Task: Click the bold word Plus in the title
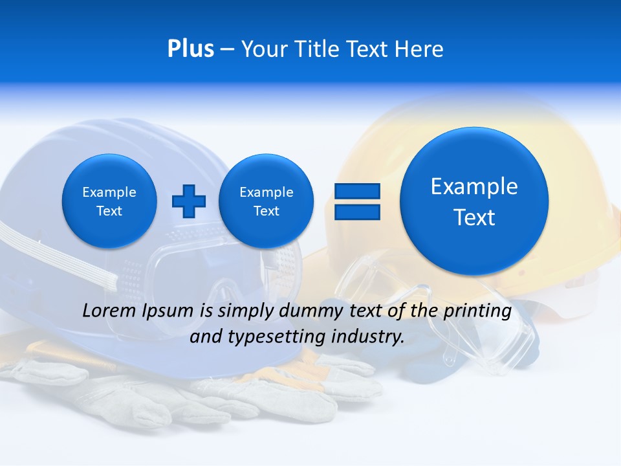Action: coord(190,49)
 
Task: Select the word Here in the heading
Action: coord(419,49)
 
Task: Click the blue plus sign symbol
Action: coord(189,201)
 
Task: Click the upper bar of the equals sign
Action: coord(357,191)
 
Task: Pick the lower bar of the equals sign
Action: coord(357,212)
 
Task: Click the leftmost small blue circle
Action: coord(109,201)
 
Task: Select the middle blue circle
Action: coord(266,201)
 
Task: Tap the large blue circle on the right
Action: coord(474,201)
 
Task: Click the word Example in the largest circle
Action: coord(474,186)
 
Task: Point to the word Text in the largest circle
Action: coord(474,217)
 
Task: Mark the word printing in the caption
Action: coord(477,311)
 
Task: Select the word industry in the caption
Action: coord(371,337)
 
